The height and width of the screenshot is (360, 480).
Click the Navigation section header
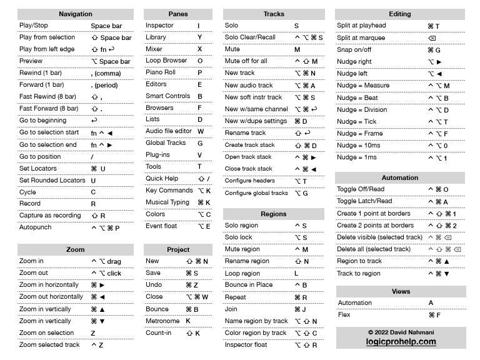click(75, 14)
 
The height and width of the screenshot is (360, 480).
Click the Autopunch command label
click(36, 227)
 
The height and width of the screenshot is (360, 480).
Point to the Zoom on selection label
click(46, 333)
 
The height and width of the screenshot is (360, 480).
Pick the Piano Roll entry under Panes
click(161, 72)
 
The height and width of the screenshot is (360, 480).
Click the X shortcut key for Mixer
click(200, 49)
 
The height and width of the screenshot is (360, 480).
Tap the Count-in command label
click(159, 333)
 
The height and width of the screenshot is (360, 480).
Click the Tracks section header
click(274, 14)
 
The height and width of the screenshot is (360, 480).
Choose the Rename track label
click(246, 133)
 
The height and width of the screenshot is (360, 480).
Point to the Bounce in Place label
click(249, 285)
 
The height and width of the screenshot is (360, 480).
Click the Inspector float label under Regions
click(246, 344)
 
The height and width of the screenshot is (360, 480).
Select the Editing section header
click(400, 14)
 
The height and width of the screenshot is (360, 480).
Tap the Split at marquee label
click(361, 37)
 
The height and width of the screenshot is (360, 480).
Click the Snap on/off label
click(354, 49)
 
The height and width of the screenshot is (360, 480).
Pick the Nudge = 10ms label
click(359, 146)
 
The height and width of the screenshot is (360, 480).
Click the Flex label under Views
click(344, 315)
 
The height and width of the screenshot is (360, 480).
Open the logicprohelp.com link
click(401, 342)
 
